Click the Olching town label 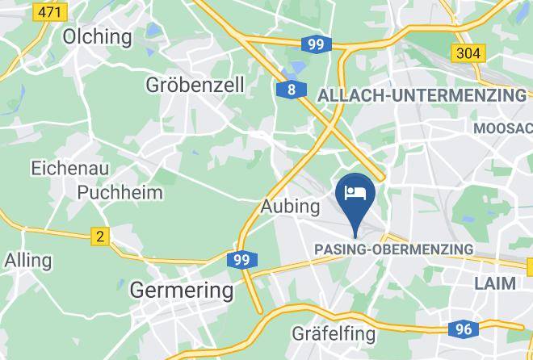coord(98,36)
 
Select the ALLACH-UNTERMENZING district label coord(422,95)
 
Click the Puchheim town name coord(120,192)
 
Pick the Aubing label coord(291,207)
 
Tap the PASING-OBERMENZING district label coord(392,249)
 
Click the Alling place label coord(27,261)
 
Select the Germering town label coord(182,290)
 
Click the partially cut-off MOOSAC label coord(503,128)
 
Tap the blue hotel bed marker coord(355,193)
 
